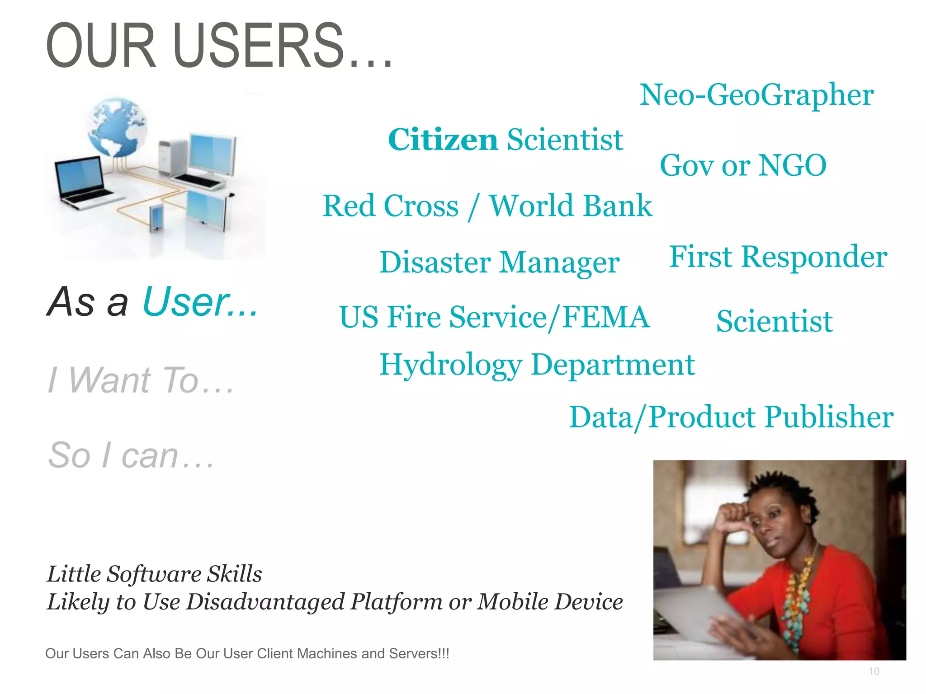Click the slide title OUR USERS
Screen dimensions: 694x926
click(219, 46)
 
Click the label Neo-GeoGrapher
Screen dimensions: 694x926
click(756, 95)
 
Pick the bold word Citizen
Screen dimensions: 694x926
click(443, 140)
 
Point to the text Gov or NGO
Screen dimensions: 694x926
click(743, 165)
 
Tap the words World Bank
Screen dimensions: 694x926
click(571, 206)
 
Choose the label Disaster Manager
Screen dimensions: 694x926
click(499, 263)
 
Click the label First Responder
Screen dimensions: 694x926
click(778, 257)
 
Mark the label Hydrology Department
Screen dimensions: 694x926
click(537, 365)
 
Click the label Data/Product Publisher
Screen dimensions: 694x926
click(731, 417)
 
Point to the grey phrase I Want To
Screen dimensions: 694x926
click(141, 380)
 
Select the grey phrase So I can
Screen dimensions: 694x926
click(131, 455)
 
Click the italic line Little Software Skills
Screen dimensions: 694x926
click(154, 574)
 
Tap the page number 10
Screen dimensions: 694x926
click(874, 671)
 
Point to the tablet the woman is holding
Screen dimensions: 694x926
click(705, 614)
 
